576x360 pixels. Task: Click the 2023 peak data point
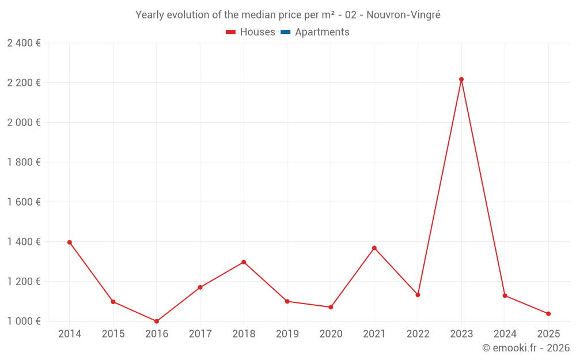(x=461, y=79)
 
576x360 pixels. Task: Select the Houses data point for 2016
(x=157, y=321)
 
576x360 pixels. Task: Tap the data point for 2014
(x=70, y=242)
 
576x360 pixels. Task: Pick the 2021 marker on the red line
(x=374, y=248)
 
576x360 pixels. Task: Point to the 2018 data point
(x=244, y=262)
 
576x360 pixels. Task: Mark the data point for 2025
(x=548, y=314)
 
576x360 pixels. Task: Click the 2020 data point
(x=331, y=308)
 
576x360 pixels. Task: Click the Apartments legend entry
(x=322, y=32)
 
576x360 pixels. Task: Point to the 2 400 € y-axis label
(x=24, y=43)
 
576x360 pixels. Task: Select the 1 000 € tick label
(x=24, y=321)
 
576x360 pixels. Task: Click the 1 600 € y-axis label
(x=24, y=202)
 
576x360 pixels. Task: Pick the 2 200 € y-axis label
(x=24, y=83)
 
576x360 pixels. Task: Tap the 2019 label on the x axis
(x=287, y=334)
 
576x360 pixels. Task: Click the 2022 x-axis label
(x=418, y=334)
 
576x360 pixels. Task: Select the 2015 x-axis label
(x=113, y=334)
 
